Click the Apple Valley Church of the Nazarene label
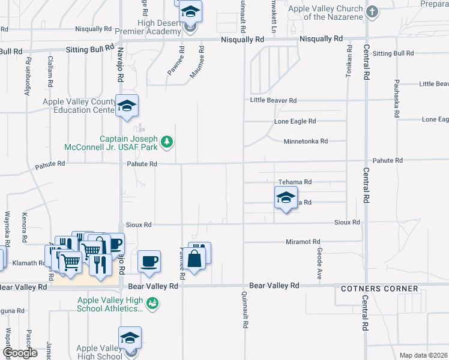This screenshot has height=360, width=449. pyautogui.click(x=325, y=13)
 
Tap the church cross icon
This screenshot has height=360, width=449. pyautogui.click(x=372, y=11)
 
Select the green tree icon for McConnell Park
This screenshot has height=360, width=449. pyautogui.click(x=167, y=142)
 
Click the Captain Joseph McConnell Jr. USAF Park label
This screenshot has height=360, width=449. pyautogui.click(x=114, y=142)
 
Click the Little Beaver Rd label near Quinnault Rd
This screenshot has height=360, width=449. pyautogui.click(x=274, y=100)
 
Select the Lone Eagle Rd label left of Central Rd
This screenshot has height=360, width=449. pyautogui.click(x=295, y=121)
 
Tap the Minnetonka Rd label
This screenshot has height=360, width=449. pyautogui.click(x=306, y=142)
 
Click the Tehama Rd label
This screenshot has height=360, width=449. pyautogui.click(x=295, y=182)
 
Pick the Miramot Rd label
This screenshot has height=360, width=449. pyautogui.click(x=303, y=241)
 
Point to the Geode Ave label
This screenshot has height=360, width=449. pyautogui.click(x=319, y=265)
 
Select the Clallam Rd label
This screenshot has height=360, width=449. pyautogui.click(x=50, y=68)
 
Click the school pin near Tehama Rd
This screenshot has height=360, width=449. pyautogui.click(x=286, y=197)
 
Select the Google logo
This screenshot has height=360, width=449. pyautogui.click(x=20, y=353)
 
